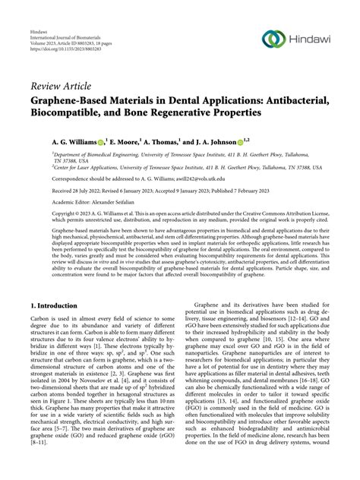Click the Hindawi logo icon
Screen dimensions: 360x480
[272, 38]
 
